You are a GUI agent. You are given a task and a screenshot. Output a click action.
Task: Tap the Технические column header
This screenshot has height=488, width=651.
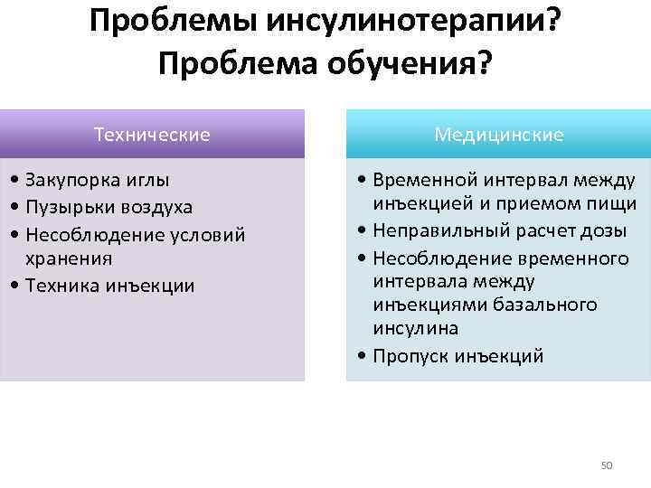click(x=152, y=135)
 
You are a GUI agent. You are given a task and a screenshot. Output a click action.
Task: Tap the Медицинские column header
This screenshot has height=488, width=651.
click(x=498, y=135)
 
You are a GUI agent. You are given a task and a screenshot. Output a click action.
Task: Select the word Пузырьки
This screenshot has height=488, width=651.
click(x=69, y=207)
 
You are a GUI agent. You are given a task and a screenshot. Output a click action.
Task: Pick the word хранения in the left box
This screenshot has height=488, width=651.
click(x=69, y=258)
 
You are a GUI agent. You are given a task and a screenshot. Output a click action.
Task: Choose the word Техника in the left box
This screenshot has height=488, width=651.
click(x=61, y=286)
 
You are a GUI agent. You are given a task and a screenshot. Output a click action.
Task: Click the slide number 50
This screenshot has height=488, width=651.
click(x=607, y=465)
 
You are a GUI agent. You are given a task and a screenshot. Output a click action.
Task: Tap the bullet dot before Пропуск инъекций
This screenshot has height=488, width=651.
click(x=362, y=356)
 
